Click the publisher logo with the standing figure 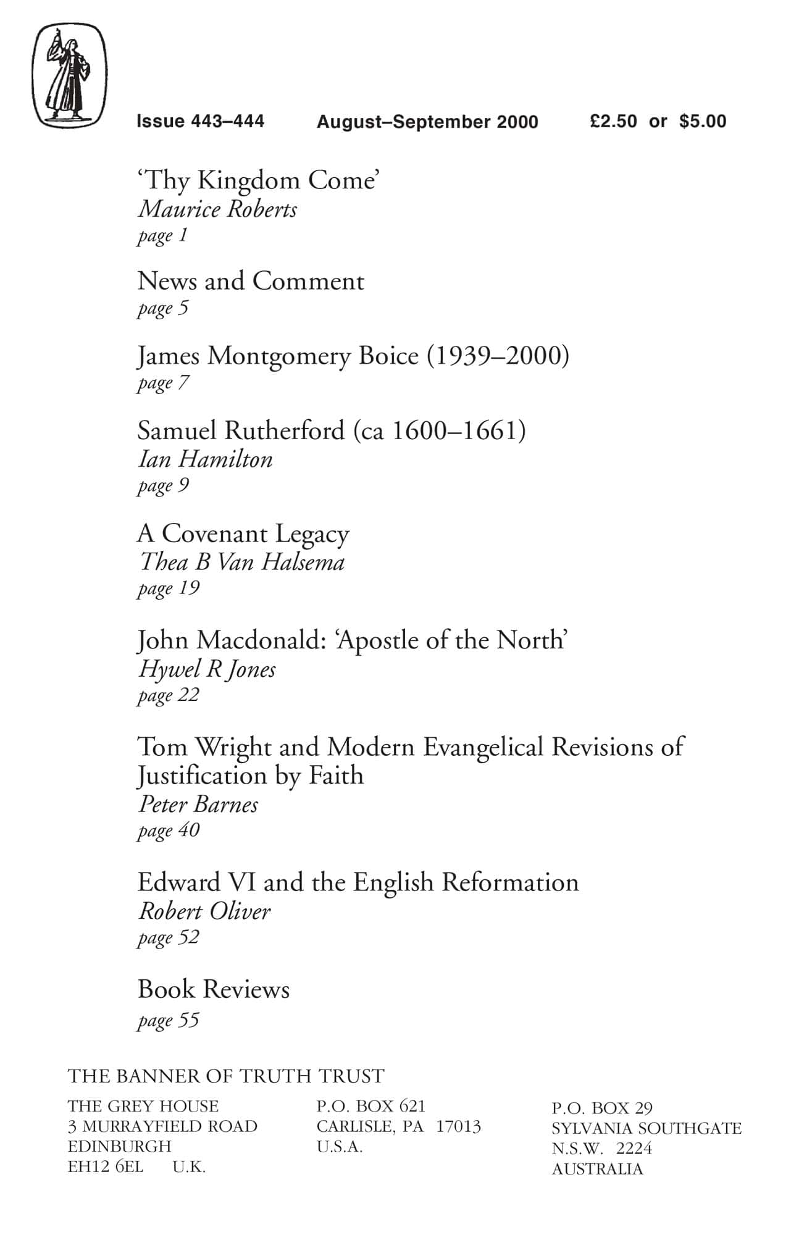click(x=69, y=75)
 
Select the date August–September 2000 click(x=427, y=122)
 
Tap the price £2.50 click(x=613, y=121)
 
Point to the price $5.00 click(x=703, y=121)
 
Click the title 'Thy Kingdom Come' click(x=257, y=180)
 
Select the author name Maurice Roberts click(x=217, y=209)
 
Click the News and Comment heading click(x=251, y=282)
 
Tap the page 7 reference click(x=163, y=383)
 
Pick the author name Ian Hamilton click(x=205, y=459)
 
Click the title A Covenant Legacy click(x=243, y=534)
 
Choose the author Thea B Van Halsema click(x=241, y=563)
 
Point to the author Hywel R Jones click(x=207, y=669)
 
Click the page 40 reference click(x=169, y=831)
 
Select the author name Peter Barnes click(x=198, y=805)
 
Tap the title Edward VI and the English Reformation click(x=358, y=882)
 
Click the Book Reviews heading click(x=214, y=989)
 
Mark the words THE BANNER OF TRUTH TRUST click(x=226, y=1076)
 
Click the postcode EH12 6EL click(x=106, y=1166)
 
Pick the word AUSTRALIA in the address click(x=597, y=1169)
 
